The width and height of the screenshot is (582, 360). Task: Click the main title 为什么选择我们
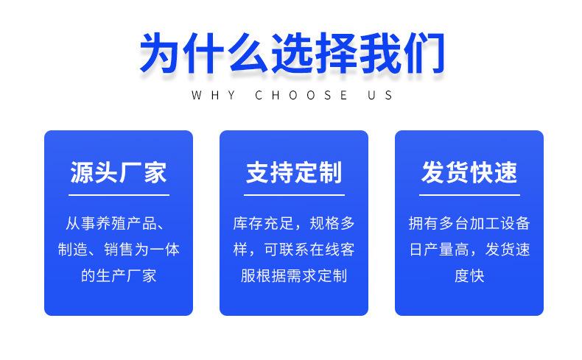click(292, 53)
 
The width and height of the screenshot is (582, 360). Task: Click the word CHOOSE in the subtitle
click(301, 95)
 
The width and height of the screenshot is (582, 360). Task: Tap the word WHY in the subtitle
click(214, 95)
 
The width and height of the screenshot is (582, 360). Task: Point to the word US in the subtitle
click(380, 95)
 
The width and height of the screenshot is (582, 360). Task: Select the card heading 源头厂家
click(119, 172)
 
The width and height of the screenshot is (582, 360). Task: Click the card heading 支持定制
click(294, 172)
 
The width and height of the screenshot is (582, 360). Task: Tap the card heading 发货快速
click(469, 172)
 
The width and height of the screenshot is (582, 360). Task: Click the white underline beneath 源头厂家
click(119, 194)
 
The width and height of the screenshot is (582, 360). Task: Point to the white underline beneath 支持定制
click(294, 194)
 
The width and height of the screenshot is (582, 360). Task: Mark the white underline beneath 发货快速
click(469, 194)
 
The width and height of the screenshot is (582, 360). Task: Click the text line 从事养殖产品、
click(116, 224)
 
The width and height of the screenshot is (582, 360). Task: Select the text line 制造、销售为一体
click(119, 250)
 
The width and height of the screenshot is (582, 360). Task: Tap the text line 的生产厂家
click(119, 276)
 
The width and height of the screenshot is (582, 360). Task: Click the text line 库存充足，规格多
click(294, 224)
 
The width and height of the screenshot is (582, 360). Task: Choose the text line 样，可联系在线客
click(294, 250)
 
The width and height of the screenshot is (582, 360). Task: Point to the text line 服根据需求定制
click(294, 276)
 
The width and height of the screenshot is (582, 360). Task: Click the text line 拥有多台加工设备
click(469, 224)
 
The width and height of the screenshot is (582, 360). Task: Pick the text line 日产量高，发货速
click(469, 250)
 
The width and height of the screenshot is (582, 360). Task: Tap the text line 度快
click(469, 276)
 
